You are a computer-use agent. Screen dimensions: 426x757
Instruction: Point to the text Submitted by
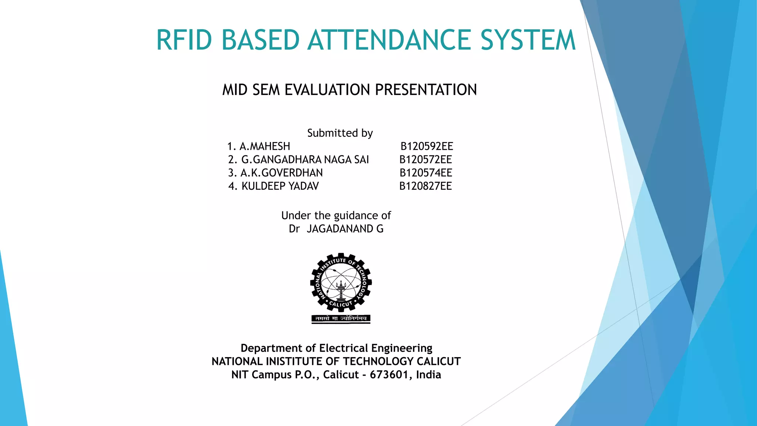tap(340, 133)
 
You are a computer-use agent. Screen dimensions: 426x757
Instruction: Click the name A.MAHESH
tap(265, 146)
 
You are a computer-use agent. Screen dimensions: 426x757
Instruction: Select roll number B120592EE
tap(427, 146)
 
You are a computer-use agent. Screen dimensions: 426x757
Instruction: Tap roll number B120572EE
tap(425, 160)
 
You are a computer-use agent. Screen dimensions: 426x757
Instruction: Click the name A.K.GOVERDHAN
tap(281, 173)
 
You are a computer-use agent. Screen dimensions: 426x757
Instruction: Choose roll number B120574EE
tap(426, 173)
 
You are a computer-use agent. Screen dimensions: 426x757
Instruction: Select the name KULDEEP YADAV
tap(280, 186)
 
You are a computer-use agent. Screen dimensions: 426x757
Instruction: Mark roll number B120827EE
tap(425, 186)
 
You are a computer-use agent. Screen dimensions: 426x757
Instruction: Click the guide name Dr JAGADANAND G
tap(336, 229)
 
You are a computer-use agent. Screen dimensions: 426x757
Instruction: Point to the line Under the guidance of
tap(336, 216)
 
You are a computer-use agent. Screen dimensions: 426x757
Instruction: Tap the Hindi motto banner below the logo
tap(341, 318)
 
